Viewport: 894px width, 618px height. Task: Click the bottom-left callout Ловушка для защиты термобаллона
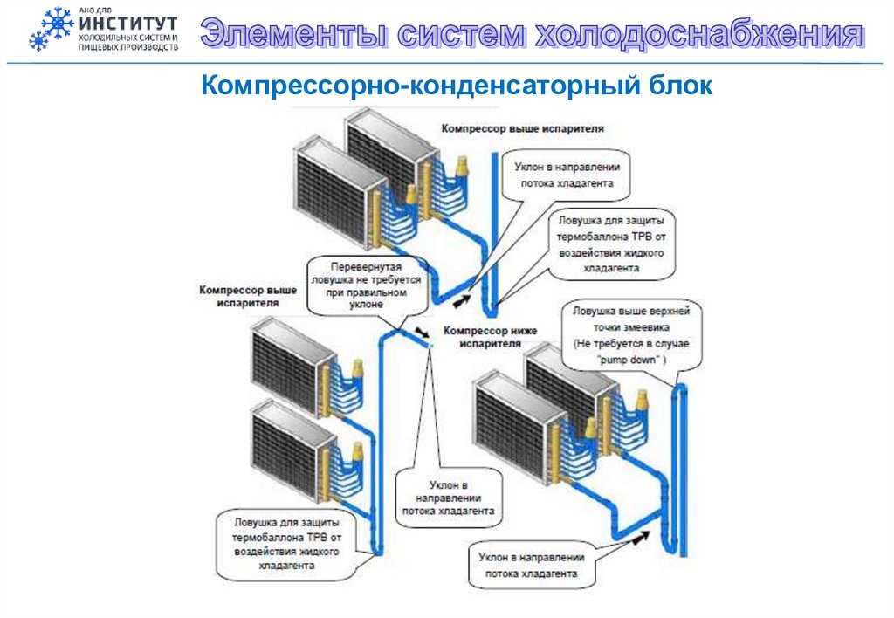286,544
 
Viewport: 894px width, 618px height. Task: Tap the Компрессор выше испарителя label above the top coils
522,129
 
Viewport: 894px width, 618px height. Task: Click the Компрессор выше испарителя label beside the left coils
247,296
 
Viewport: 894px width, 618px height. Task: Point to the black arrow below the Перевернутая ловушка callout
423,333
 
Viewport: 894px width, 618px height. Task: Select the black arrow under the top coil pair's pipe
462,301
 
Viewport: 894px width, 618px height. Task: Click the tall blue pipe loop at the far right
678,471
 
